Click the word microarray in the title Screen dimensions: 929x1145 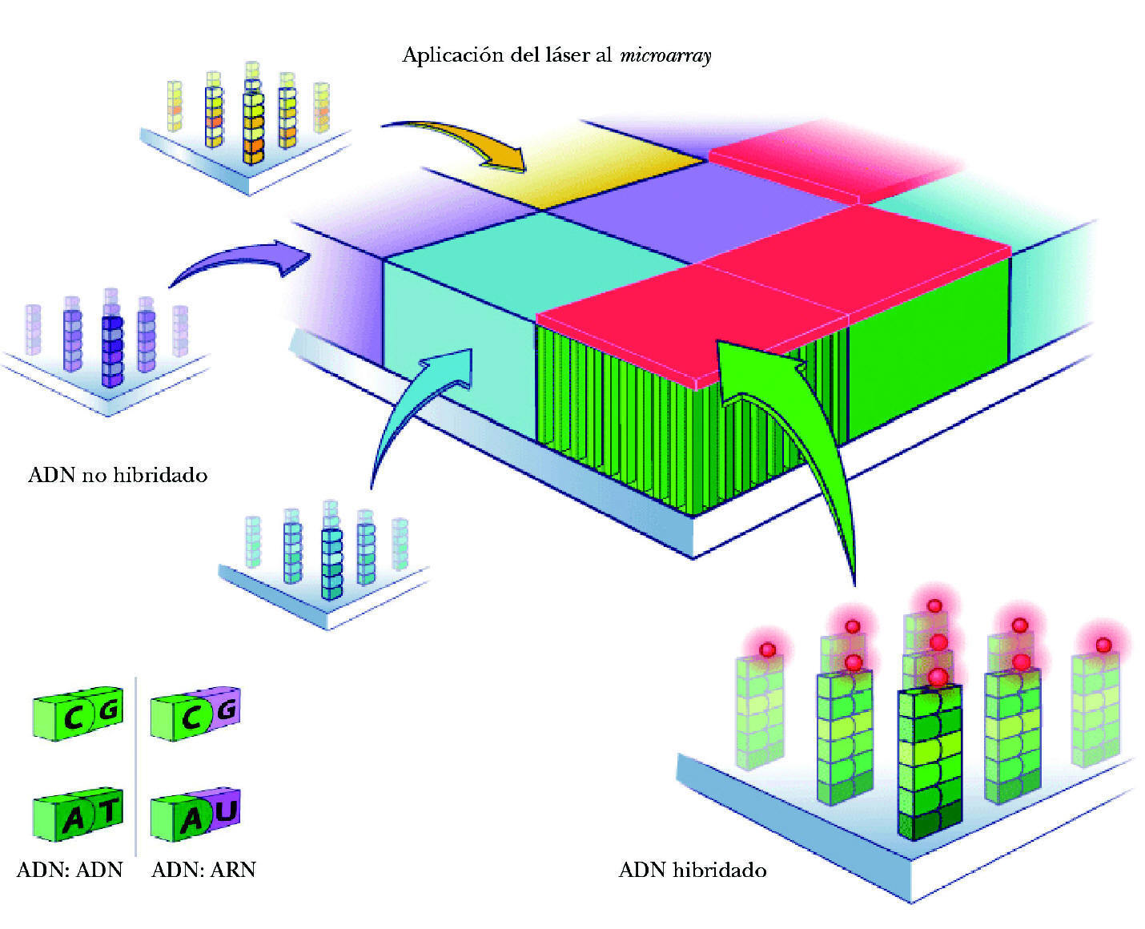point(665,56)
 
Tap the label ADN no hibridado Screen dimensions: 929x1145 point(118,475)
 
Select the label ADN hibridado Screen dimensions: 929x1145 point(693,870)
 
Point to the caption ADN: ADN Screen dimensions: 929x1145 point(70,870)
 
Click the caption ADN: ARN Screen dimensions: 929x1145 point(203,870)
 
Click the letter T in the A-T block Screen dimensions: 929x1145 point(108,812)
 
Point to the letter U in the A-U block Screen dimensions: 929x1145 point(226,812)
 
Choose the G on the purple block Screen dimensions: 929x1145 point(227,710)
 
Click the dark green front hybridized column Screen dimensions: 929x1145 point(929,761)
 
